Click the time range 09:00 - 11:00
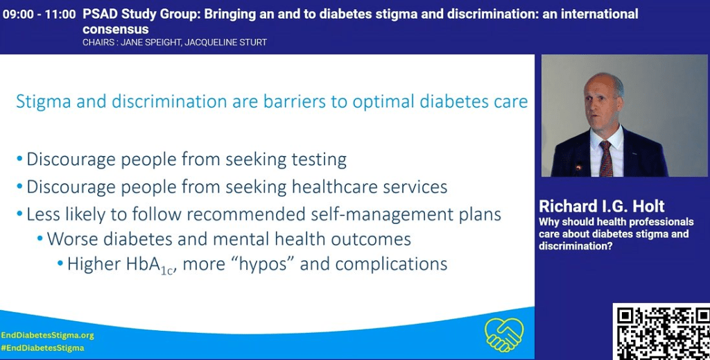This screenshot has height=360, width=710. pos(39,15)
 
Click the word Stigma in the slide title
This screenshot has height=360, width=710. pos(44,102)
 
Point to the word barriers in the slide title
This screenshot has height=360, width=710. pos(294,101)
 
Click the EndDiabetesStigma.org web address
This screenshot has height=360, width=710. pos(48,336)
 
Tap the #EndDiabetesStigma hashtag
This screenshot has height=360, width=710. pos(42,348)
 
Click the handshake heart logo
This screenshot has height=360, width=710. pos(504,334)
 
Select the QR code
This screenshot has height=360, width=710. pos(661,332)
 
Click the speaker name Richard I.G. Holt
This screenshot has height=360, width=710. pos(601,207)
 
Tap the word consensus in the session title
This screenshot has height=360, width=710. pos(116,29)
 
